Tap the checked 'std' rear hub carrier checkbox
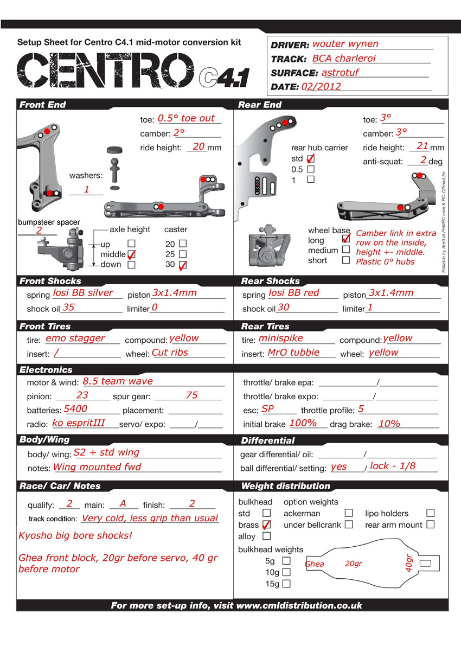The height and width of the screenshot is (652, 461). point(311,159)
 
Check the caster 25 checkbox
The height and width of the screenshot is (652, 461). point(183,254)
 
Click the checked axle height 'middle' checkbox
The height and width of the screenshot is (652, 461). point(131,254)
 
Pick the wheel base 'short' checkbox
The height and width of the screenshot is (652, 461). point(345,260)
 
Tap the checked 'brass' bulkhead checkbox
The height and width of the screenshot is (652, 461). point(266,525)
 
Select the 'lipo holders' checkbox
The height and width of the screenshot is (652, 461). point(430,513)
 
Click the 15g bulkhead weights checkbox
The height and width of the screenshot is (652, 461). point(286,584)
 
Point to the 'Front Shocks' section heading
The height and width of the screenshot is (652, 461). point(50,281)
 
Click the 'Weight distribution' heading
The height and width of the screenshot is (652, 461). point(285,486)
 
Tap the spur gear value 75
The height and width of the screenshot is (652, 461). point(192,395)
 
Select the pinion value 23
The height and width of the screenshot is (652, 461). point(82,395)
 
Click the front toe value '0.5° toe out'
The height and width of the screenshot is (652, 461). point(186,118)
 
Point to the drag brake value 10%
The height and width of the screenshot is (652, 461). point(389,424)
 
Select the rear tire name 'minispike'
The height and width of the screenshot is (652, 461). point(281,338)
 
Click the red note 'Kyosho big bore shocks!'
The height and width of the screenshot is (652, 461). point(75,536)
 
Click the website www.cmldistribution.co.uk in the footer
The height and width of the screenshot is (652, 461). point(299,605)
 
